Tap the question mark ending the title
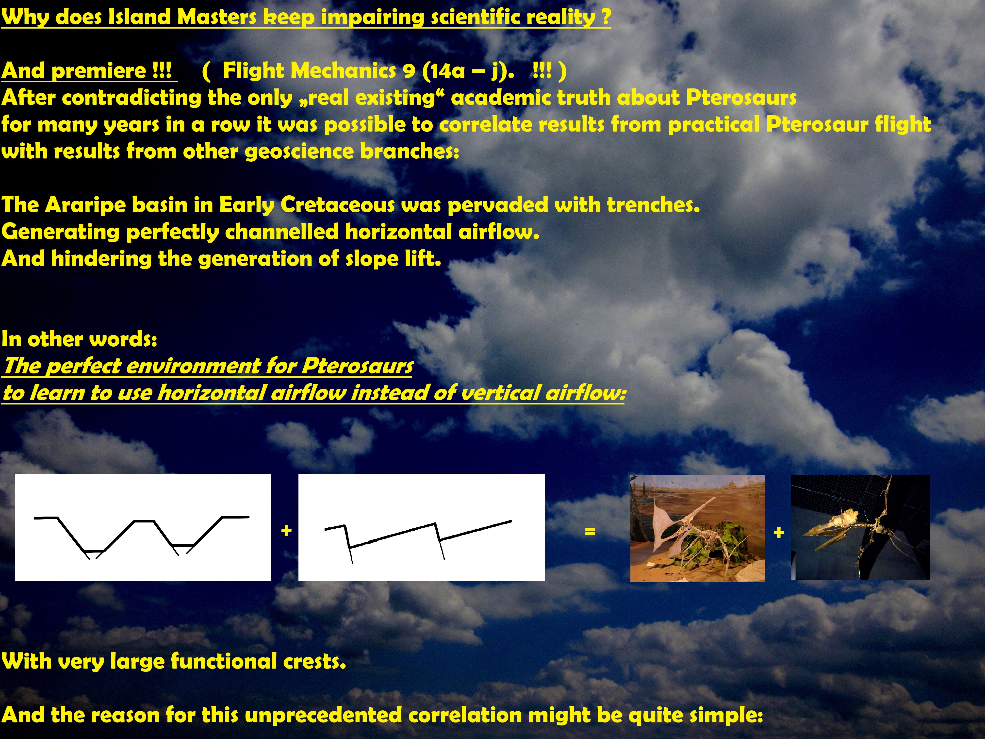606,17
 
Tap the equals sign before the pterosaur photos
590,531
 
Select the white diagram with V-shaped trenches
143,527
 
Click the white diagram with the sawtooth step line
421,527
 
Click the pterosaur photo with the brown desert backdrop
697,528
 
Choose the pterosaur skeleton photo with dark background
860,527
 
